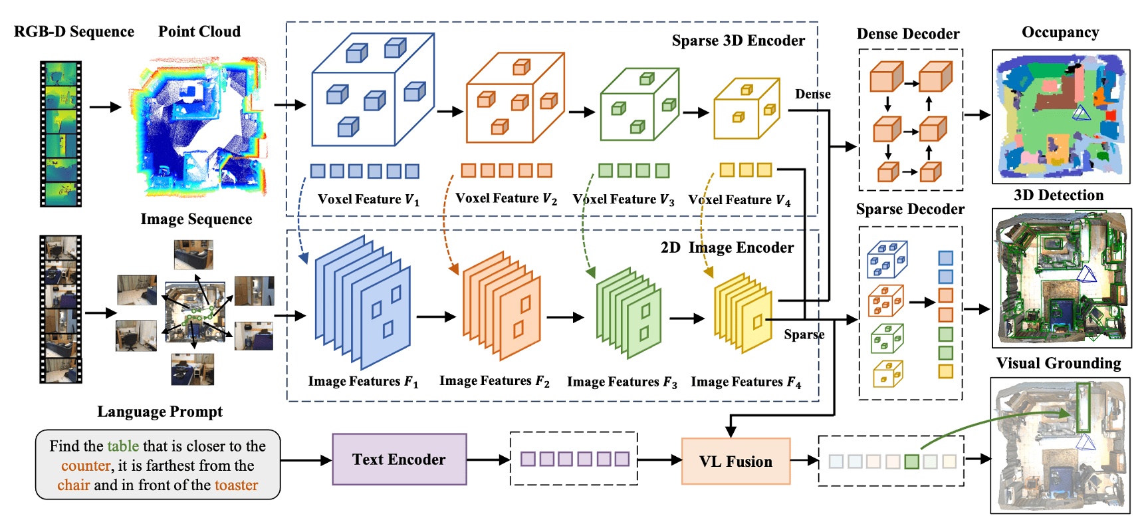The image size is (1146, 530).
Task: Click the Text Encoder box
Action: tap(399, 460)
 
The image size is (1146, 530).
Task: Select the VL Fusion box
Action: tap(735, 462)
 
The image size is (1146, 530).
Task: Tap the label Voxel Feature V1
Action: tap(368, 199)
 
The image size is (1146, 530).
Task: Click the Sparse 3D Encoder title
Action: tap(738, 41)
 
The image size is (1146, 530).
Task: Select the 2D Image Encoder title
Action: tap(727, 247)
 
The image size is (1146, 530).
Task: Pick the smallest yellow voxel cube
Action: tap(746, 108)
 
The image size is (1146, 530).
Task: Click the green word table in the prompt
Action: tap(123, 446)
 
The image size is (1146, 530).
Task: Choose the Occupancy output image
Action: tap(1060, 116)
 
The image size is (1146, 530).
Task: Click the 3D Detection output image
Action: tap(1061, 277)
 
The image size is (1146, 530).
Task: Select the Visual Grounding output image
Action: tap(1060, 445)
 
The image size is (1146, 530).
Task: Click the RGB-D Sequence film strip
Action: tap(60, 133)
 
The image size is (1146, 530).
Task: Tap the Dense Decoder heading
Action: tap(907, 34)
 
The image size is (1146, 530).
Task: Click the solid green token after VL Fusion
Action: tap(911, 461)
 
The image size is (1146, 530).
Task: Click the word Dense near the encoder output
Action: tap(812, 94)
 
